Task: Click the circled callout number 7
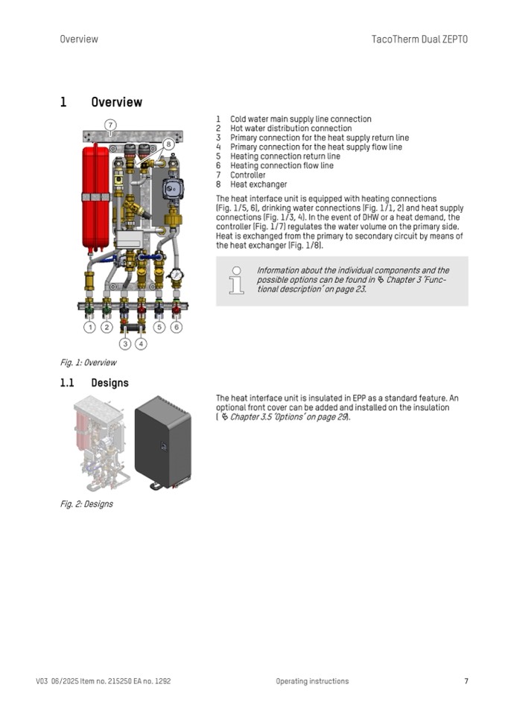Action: pos(110,125)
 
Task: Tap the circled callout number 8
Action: pos(169,144)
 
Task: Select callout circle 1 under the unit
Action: pos(89,327)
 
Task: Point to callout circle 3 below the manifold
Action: pos(124,343)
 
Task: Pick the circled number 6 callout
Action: pos(177,327)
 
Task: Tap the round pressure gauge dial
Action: pos(176,274)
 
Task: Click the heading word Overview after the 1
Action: pos(116,102)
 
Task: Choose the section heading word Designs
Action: pos(109,383)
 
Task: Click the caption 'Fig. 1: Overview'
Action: pos(88,363)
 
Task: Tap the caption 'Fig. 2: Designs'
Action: pos(86,504)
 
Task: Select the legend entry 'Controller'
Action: pos(247,175)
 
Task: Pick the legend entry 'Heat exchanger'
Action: pos(258,185)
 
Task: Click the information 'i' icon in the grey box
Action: pos(237,281)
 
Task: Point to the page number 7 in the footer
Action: pos(466,681)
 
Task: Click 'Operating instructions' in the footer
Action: pos(311,681)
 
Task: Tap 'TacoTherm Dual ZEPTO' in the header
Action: pos(419,39)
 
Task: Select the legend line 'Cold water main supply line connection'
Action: pos(300,119)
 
